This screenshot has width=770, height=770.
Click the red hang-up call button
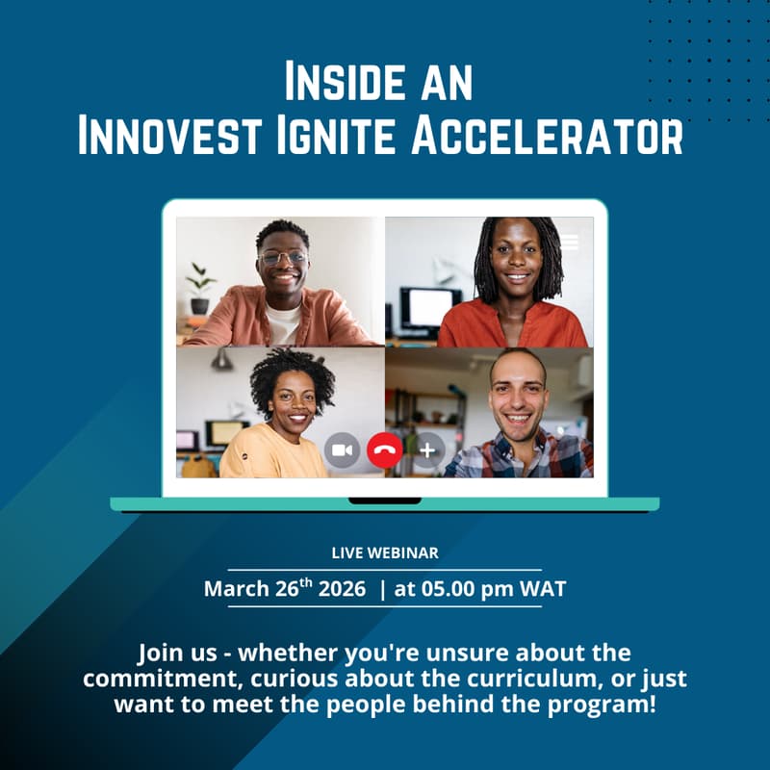(385, 449)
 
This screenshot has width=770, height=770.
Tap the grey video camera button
(342, 449)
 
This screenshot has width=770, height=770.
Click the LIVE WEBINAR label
(385, 552)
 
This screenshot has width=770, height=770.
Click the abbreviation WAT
(543, 589)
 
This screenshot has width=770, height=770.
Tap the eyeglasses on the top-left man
(283, 258)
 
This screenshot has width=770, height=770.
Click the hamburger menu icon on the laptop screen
(570, 242)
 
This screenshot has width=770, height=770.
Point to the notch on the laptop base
(385, 500)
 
